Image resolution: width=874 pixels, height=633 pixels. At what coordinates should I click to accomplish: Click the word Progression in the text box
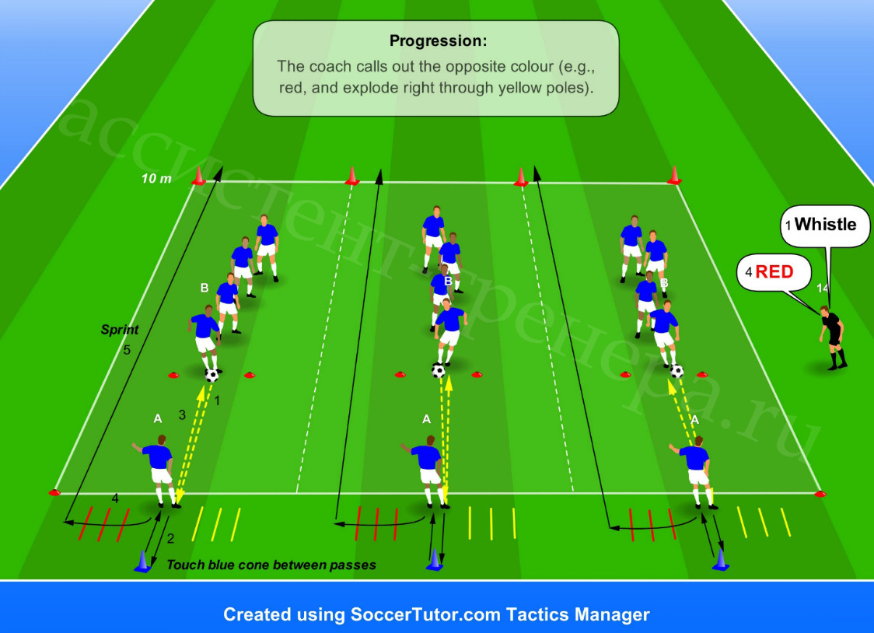pos(436,40)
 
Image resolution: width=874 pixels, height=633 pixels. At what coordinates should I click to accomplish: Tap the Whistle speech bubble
pos(825,226)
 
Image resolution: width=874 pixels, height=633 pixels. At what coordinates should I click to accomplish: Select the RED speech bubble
pos(774,272)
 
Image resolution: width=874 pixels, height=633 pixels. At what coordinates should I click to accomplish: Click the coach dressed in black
pos(833,337)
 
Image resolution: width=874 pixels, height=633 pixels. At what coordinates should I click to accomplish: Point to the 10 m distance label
pos(156,179)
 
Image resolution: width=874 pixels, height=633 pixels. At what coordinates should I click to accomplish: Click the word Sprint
pos(119,330)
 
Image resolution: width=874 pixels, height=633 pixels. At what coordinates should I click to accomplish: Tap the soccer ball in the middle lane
pos(439,371)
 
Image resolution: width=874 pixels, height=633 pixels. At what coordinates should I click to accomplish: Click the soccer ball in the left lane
pos(212,375)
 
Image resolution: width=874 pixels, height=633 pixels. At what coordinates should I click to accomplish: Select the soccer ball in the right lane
pos(676,371)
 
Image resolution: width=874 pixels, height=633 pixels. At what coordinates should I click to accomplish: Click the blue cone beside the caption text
pos(143,561)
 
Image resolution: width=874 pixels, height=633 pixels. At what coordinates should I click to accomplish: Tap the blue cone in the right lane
pos(721,560)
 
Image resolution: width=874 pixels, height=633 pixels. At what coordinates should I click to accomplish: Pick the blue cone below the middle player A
pos(434,560)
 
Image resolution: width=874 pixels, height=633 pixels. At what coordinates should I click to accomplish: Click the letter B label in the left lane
pos(205,288)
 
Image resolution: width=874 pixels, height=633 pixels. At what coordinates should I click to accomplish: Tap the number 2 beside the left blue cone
pos(170,538)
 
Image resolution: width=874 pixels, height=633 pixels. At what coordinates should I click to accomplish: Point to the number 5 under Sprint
pos(127,350)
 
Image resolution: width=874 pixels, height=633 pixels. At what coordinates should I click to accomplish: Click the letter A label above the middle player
pos(426,419)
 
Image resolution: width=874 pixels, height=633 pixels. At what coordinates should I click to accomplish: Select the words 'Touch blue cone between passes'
pos(271,565)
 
